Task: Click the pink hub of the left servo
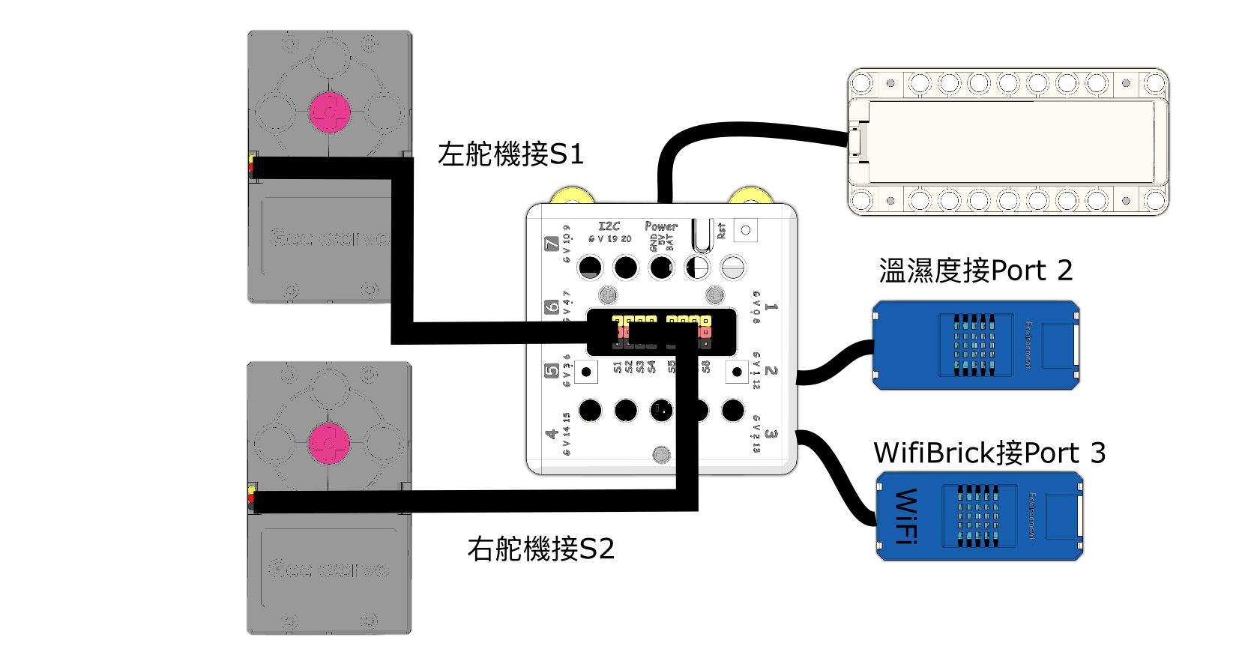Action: [x=330, y=112]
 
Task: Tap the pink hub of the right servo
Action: [x=329, y=443]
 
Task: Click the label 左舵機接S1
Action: [x=510, y=154]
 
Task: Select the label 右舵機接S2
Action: [x=540, y=549]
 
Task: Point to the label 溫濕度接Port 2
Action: [x=975, y=271]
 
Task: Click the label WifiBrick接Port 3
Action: [x=989, y=453]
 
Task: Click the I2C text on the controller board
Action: [x=609, y=226]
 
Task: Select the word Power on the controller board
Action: [x=660, y=226]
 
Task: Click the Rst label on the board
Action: [x=721, y=230]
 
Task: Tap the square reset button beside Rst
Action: [x=745, y=230]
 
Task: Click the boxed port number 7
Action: [x=552, y=244]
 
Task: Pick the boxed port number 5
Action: [x=552, y=370]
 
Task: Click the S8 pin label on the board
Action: [x=706, y=366]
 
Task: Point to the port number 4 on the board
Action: [x=552, y=433]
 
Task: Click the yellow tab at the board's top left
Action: [x=573, y=196]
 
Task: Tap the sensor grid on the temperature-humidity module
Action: [x=974, y=345]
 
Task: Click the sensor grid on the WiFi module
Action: [x=978, y=516]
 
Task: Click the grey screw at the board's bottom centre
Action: [x=661, y=454]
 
